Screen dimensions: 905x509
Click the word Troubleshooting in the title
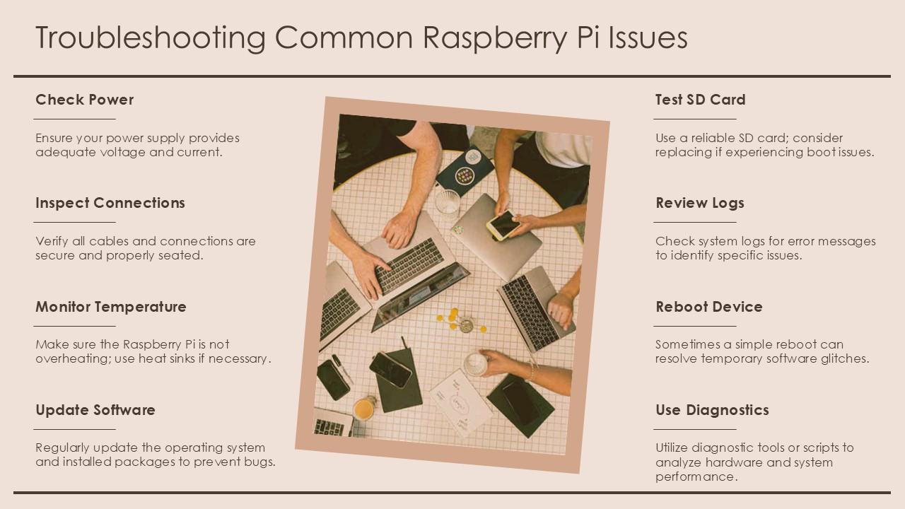[151, 38]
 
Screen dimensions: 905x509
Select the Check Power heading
[84, 100]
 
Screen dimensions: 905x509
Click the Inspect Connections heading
[110, 203]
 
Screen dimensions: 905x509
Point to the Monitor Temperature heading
[111, 307]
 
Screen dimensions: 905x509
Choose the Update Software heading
[95, 410]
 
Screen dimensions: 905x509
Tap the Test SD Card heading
[700, 100]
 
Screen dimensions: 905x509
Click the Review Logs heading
[700, 203]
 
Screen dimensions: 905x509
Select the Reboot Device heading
[709, 307]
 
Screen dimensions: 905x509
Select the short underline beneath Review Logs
[695, 222]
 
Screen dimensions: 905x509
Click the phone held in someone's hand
[503, 225]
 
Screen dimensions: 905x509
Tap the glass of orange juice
[364, 408]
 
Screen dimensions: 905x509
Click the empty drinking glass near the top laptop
[448, 204]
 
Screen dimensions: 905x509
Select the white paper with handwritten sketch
[461, 403]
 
